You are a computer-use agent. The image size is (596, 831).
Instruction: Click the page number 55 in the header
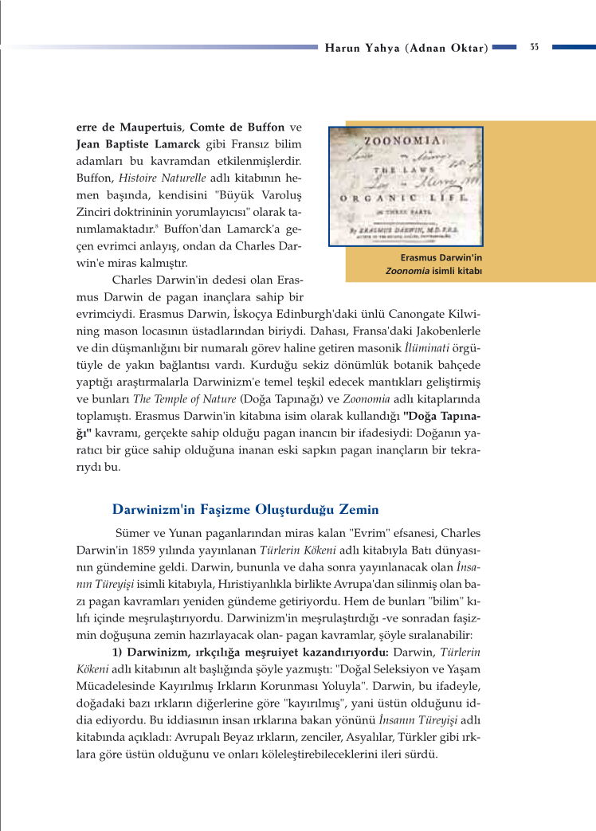(534, 47)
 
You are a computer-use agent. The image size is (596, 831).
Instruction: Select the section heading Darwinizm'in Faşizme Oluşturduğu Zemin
(234, 509)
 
